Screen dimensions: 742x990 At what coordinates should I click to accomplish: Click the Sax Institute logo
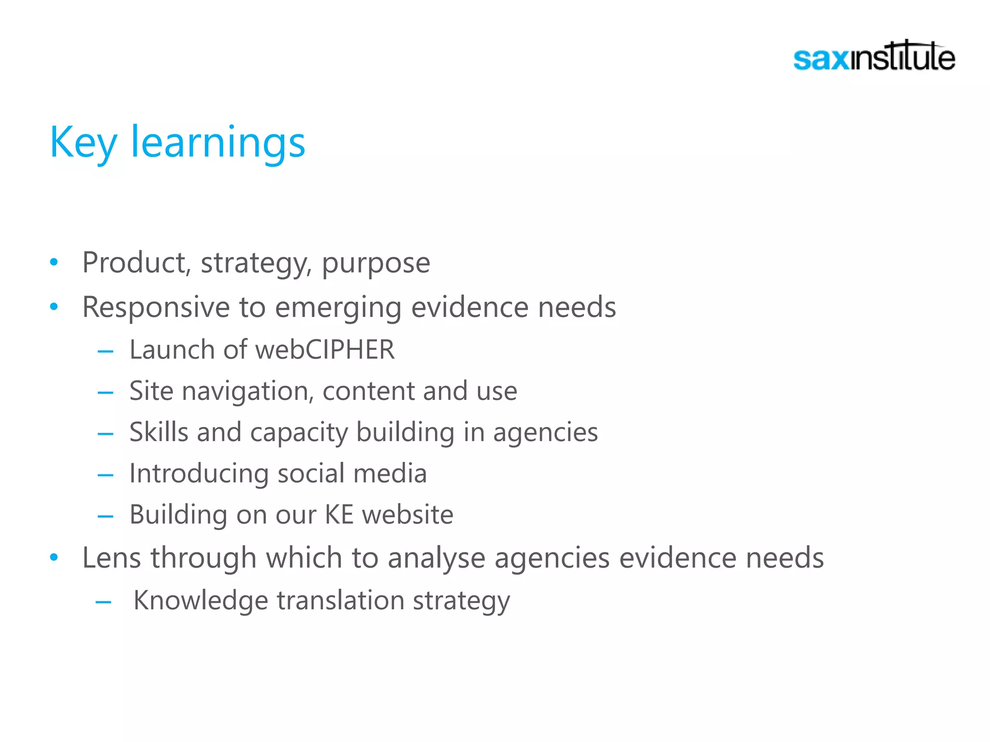874,57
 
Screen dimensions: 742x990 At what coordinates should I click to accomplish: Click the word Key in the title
83,143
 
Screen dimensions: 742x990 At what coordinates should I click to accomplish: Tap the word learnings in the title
218,143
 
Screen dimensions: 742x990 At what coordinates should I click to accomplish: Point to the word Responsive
156,307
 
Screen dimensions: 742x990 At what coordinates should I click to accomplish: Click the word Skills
159,432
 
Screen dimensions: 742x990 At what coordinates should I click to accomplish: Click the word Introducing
199,473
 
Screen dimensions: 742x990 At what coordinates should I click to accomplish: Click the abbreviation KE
339,514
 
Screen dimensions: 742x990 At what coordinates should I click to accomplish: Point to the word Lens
111,558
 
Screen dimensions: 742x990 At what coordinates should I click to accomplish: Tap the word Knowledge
201,600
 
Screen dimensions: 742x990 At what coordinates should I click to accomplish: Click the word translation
341,600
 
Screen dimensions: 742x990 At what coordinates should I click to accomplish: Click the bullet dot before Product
54,262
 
